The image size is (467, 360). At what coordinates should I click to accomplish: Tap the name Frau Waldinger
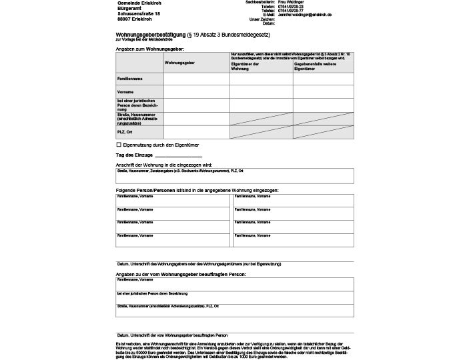click(x=290, y=2)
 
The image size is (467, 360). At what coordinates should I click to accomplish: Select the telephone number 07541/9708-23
click(x=291, y=7)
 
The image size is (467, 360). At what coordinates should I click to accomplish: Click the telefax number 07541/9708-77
click(x=291, y=11)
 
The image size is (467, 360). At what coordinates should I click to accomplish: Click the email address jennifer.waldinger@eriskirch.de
click(x=305, y=15)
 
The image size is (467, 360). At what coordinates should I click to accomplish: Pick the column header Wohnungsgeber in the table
click(x=179, y=62)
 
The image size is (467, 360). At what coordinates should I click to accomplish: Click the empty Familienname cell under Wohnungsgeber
click(x=196, y=79)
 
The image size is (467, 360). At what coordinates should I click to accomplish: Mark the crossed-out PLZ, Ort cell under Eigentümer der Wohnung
click(x=261, y=132)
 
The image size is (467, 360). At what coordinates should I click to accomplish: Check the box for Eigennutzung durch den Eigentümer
click(x=118, y=145)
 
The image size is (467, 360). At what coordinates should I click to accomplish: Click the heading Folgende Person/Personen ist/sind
click(x=197, y=191)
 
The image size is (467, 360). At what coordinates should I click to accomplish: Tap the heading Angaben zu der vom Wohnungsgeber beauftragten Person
click(x=181, y=274)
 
